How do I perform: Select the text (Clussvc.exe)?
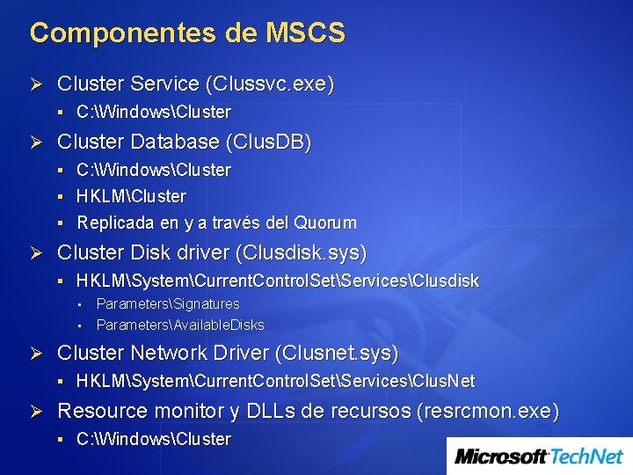click(x=270, y=84)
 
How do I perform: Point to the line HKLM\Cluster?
click(x=132, y=196)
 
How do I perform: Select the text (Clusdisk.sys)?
click(x=302, y=253)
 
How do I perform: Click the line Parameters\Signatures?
click(x=168, y=304)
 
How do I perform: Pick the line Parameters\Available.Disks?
click(x=180, y=325)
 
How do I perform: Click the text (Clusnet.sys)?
click(x=337, y=354)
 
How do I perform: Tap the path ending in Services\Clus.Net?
click(x=276, y=382)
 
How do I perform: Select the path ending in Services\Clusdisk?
click(x=278, y=281)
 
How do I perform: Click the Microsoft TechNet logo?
click(x=539, y=457)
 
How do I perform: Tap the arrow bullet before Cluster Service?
click(x=37, y=84)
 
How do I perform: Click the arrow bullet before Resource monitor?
click(x=37, y=412)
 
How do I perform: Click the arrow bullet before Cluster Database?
click(x=37, y=142)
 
